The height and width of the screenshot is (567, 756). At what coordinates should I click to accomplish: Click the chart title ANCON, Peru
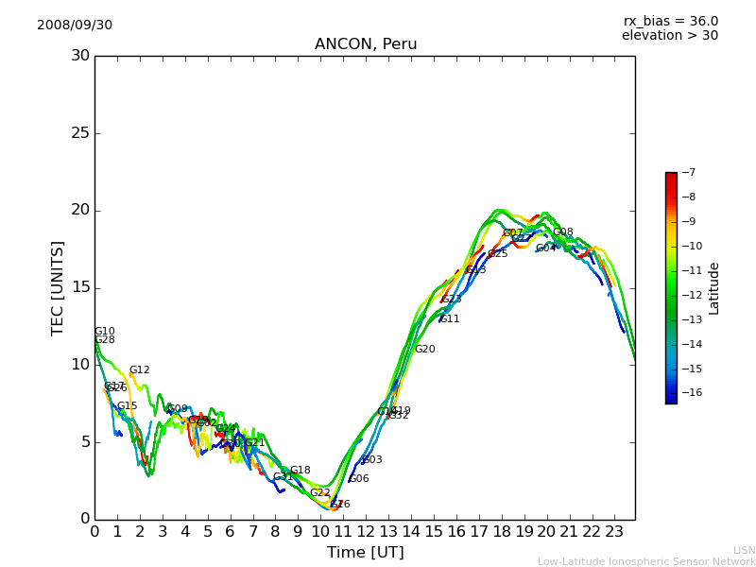point(365,44)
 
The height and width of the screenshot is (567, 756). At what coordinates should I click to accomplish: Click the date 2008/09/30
point(75,26)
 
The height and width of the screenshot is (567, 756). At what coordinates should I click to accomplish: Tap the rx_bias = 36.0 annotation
point(670,21)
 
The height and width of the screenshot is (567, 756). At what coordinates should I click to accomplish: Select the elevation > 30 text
point(669,36)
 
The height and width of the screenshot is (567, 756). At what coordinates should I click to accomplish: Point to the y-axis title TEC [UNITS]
point(59,287)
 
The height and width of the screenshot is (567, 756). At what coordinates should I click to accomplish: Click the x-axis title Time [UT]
point(365,553)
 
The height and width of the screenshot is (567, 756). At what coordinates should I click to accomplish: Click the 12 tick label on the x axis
point(365,532)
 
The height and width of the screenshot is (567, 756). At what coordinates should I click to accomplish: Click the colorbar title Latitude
point(713,288)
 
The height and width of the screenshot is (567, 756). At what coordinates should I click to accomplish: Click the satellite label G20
point(425,350)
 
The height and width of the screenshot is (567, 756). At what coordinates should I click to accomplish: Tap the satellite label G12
point(140,370)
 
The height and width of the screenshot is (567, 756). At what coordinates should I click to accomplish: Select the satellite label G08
point(563,232)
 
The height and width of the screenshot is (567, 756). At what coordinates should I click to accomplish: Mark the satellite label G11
point(450,319)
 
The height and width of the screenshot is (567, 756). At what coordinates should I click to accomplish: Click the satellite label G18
point(301,471)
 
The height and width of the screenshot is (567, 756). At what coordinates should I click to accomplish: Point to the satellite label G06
point(359,479)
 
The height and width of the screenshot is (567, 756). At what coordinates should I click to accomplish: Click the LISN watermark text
point(744,550)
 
